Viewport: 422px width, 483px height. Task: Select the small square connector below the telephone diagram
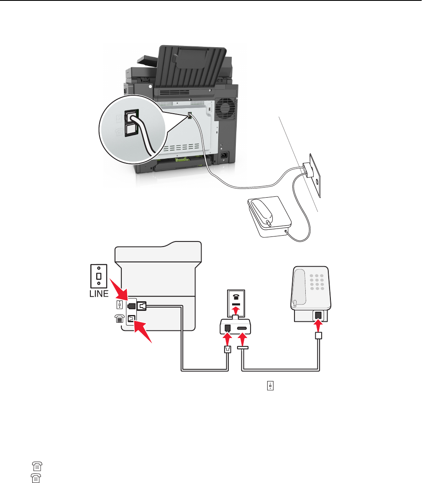[x=318, y=336]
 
